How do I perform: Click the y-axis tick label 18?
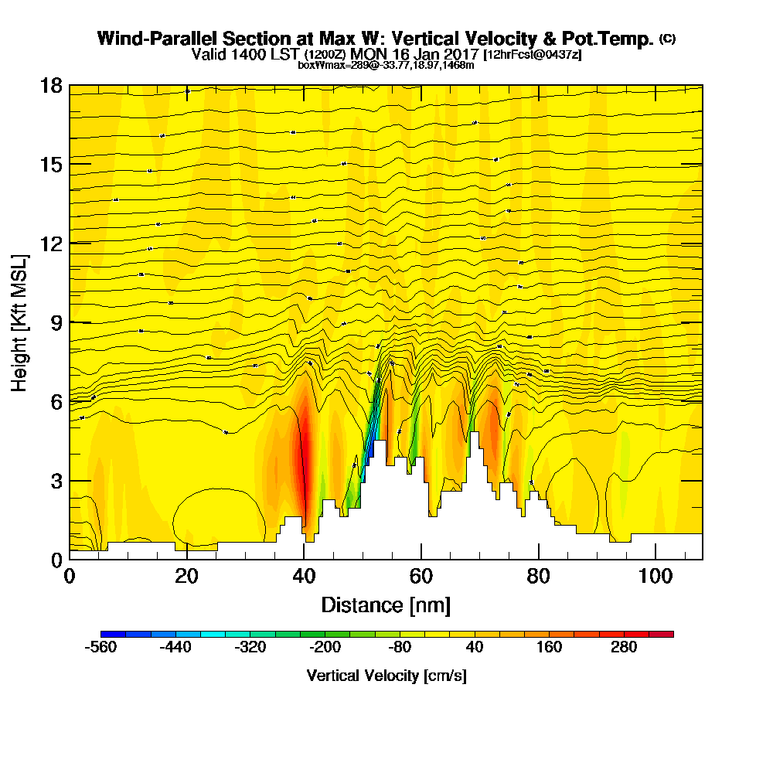[x=50, y=86]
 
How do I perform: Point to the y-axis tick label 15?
[x=50, y=165]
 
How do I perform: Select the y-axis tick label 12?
[x=50, y=243]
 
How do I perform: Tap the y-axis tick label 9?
[x=55, y=322]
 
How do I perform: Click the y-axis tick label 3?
[x=55, y=480]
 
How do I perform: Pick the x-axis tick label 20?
[x=187, y=577]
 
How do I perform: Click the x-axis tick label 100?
[x=656, y=577]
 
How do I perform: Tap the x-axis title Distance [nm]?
[x=386, y=604]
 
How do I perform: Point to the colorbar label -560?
[x=100, y=648]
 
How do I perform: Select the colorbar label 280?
[x=624, y=648]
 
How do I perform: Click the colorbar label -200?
[x=325, y=648]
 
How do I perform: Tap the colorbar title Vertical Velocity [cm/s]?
[x=386, y=676]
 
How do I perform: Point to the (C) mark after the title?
[x=667, y=38]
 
